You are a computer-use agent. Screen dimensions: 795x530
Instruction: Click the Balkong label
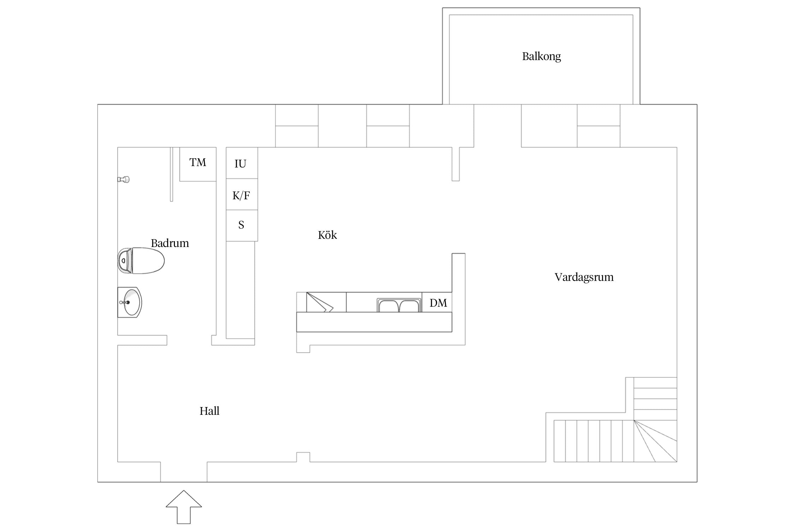541,57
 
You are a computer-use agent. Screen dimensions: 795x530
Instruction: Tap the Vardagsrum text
584,277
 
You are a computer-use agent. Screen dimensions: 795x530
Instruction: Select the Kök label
327,235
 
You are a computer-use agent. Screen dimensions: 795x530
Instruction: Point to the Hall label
209,411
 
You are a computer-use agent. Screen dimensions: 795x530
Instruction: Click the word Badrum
170,243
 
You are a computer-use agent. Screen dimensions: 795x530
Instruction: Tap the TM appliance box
198,164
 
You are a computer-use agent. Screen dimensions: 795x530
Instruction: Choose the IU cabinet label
240,164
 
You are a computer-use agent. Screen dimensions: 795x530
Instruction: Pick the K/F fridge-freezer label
241,195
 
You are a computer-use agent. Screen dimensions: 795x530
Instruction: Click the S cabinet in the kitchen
242,226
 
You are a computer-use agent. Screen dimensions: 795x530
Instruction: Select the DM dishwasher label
438,303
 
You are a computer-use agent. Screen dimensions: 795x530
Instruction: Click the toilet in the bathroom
141,261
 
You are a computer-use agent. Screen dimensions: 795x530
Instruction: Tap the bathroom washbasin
130,302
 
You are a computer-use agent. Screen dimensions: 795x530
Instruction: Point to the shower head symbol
124,179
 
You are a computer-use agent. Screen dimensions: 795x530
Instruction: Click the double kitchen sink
399,305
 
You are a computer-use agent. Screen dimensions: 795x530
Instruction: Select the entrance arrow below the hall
184,507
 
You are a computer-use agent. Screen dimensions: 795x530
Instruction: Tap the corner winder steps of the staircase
655,441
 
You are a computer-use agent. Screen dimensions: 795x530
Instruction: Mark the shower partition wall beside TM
171,174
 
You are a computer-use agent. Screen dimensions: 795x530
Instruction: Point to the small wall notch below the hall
303,457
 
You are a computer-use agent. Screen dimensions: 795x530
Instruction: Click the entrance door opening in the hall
184,472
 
